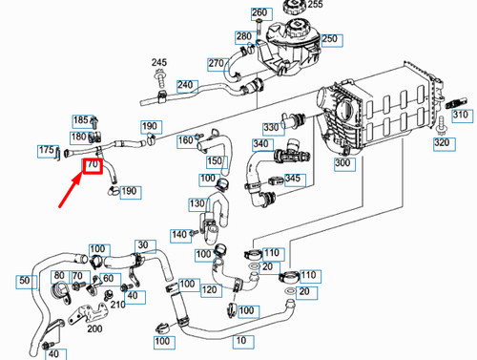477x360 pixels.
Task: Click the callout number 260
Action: point(259,12)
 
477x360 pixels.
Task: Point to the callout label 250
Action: point(330,39)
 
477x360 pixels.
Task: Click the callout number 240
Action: point(185,85)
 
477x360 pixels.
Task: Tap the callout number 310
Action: point(461,116)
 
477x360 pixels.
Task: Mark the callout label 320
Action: point(441,143)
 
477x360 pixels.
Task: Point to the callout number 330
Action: point(273,127)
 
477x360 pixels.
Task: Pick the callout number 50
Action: point(25,282)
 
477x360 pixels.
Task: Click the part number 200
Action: point(94,328)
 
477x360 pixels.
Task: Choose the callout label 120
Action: point(210,289)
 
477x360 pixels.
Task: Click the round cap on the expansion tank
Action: point(292,11)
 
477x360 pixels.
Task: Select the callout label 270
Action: point(216,65)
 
